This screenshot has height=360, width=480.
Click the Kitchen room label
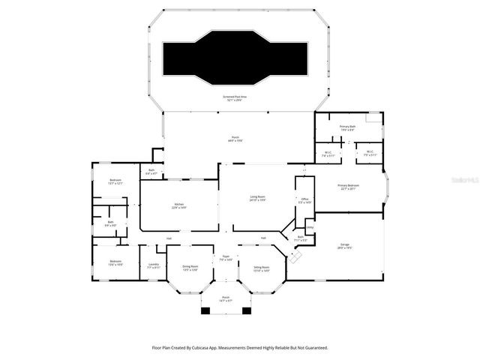(x=179, y=205)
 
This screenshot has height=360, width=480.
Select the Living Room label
(x=258, y=198)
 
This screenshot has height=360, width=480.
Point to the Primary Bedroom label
(x=348, y=186)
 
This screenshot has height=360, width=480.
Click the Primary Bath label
(x=347, y=128)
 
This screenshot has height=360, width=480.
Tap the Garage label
(x=345, y=246)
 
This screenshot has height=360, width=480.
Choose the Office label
(x=304, y=201)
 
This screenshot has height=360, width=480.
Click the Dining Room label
(x=190, y=268)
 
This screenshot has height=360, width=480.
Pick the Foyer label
(x=225, y=258)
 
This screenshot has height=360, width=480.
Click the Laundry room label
(x=153, y=265)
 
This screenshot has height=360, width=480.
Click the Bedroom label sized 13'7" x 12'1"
(x=115, y=181)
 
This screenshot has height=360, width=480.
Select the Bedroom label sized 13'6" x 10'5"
(x=115, y=262)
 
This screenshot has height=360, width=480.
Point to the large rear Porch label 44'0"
(x=235, y=139)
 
